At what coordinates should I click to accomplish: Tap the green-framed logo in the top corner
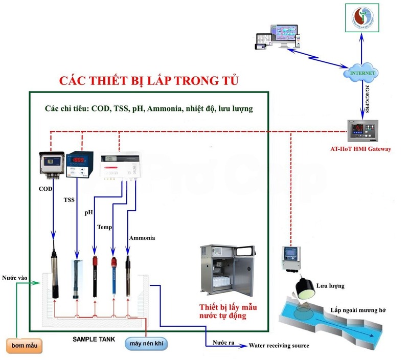tap(362, 18)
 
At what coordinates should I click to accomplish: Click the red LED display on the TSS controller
tap(78, 160)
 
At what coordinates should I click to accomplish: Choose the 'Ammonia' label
tap(142, 238)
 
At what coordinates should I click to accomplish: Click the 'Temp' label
tap(104, 227)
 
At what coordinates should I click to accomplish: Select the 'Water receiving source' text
tap(279, 346)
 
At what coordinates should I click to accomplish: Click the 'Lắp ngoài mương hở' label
tap(358, 310)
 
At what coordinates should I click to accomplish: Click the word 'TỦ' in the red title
tap(229, 81)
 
